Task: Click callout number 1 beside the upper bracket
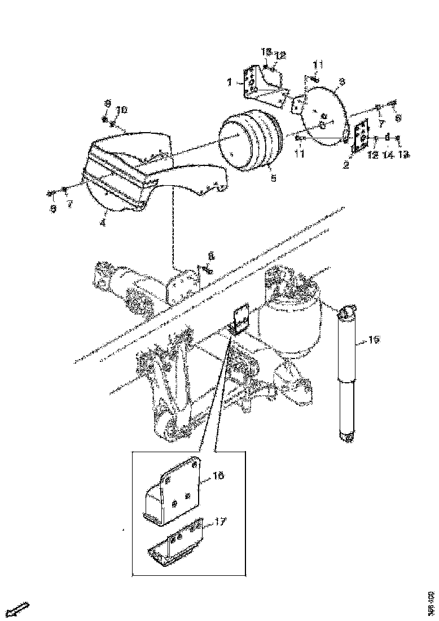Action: [230, 82]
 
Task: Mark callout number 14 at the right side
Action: [387, 154]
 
